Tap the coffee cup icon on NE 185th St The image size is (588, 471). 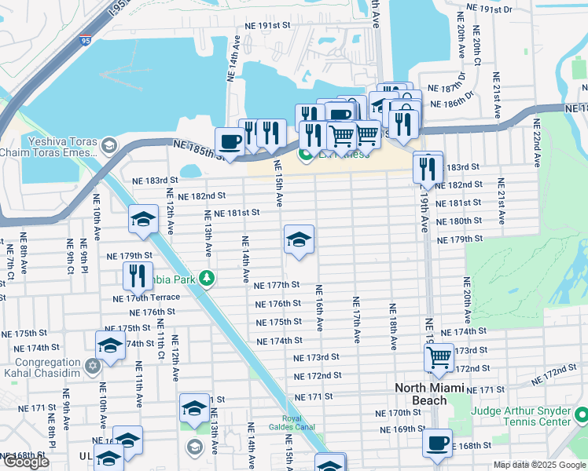tap(229, 141)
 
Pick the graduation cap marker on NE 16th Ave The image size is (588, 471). tap(299, 240)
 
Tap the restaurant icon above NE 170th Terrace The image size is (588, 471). tap(138, 275)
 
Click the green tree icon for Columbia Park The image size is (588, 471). tap(207, 277)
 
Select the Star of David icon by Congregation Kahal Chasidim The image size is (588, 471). tap(93, 366)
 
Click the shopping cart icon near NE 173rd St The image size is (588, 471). tap(438, 358)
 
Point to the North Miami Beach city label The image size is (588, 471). tap(431, 394)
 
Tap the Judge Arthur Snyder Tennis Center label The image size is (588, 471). tap(520, 416)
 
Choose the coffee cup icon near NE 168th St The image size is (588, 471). tap(437, 442)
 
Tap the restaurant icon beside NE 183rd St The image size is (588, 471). tap(428, 166)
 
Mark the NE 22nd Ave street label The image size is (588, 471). tap(537, 143)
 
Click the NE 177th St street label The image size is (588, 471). tap(278, 285)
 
